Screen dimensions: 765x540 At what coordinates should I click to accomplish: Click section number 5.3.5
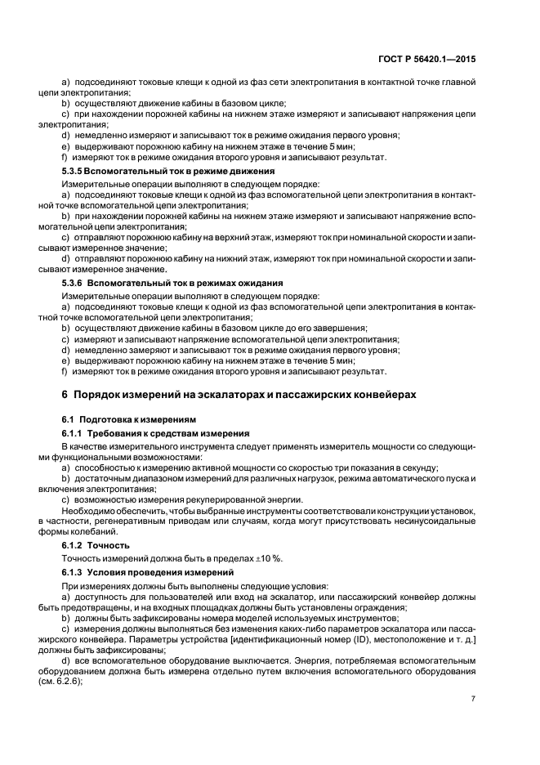(x=75, y=171)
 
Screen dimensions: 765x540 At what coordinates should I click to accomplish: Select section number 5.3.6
(x=75, y=283)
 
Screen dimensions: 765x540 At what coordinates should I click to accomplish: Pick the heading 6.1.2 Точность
(x=96, y=544)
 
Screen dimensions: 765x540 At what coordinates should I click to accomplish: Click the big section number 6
(x=65, y=394)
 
